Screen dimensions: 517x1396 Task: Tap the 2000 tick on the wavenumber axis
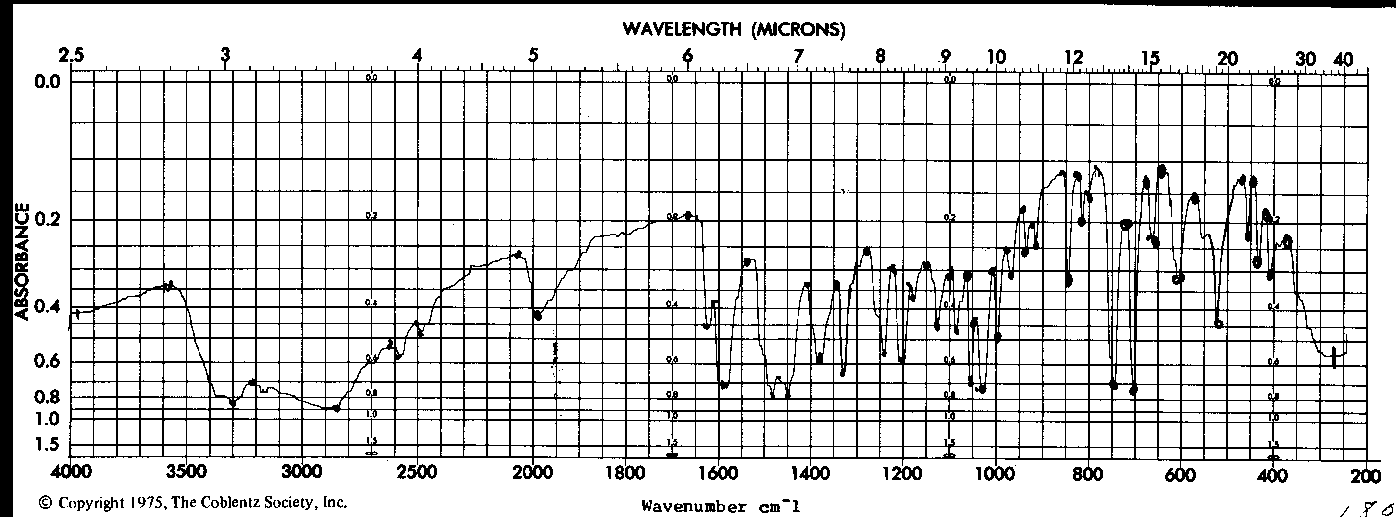pyautogui.click(x=533, y=472)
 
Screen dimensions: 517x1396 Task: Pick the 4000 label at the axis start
pyautogui.click(x=71, y=472)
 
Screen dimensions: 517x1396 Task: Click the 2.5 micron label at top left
pyautogui.click(x=72, y=56)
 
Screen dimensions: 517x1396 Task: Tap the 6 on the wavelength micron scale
pyautogui.click(x=688, y=56)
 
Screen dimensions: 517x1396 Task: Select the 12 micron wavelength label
pyautogui.click(x=1073, y=57)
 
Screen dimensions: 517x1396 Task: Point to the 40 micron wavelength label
pyautogui.click(x=1344, y=59)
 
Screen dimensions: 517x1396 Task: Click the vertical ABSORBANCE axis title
pyautogui.click(x=21, y=261)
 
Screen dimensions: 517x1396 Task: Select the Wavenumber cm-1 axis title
pyautogui.click(x=720, y=507)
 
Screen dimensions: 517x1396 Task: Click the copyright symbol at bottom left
pyautogui.click(x=46, y=503)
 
